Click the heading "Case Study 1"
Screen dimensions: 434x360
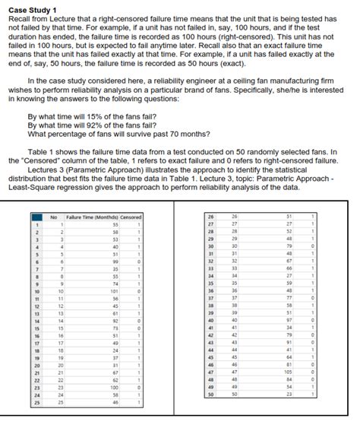(29, 6)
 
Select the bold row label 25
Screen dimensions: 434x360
(34, 402)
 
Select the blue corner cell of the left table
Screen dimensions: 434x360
(35, 217)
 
